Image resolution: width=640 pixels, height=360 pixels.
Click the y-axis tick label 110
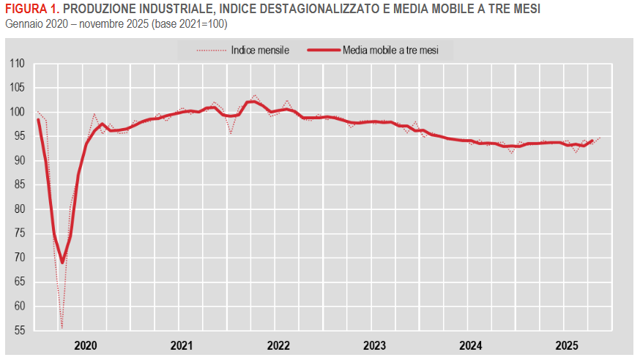(18, 64)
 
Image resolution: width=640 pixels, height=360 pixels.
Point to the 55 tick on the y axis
(20, 330)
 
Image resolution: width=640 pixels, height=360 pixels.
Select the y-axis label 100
(18, 112)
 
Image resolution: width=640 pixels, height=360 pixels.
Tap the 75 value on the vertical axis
(20, 233)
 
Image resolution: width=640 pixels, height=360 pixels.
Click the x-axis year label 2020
(86, 345)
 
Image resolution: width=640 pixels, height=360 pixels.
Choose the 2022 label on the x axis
(279, 345)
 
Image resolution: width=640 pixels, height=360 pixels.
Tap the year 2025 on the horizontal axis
(568, 345)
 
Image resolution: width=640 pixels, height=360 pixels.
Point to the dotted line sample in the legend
(210, 50)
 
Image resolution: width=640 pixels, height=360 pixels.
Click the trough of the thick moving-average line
(62, 262)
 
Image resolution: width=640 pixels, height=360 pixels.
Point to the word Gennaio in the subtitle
(23, 24)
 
